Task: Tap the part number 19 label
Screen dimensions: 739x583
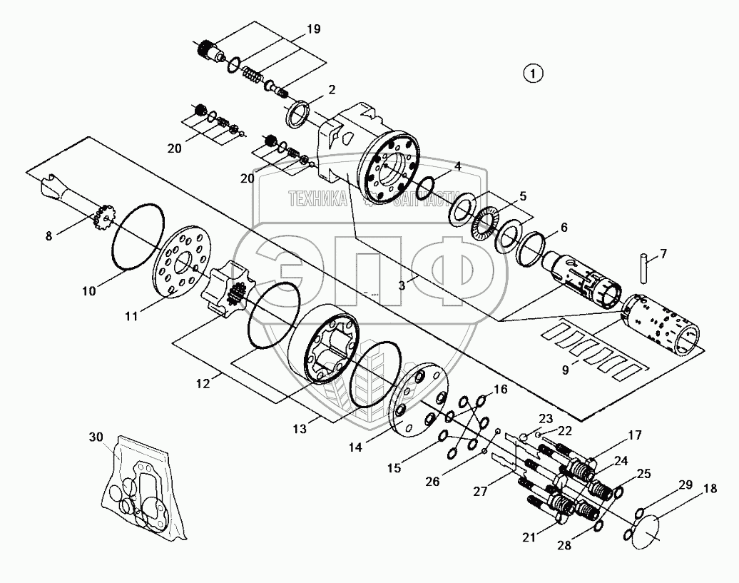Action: [x=313, y=29]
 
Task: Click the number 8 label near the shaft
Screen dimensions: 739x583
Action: [x=49, y=236]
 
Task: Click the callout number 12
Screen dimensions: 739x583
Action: [x=203, y=383]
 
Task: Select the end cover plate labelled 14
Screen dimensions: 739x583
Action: [x=418, y=400]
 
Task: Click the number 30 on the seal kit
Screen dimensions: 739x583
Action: [x=96, y=437]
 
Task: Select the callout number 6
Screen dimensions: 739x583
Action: [x=564, y=228]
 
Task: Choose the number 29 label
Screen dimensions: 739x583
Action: [x=686, y=485]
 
